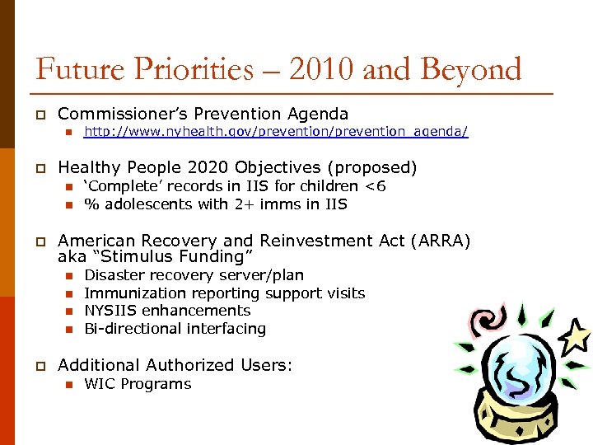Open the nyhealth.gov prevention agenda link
pos(276,132)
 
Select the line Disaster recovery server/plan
pos(194,275)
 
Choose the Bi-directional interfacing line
pos(175,329)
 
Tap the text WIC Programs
pos(138,384)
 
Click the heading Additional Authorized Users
pos(175,365)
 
